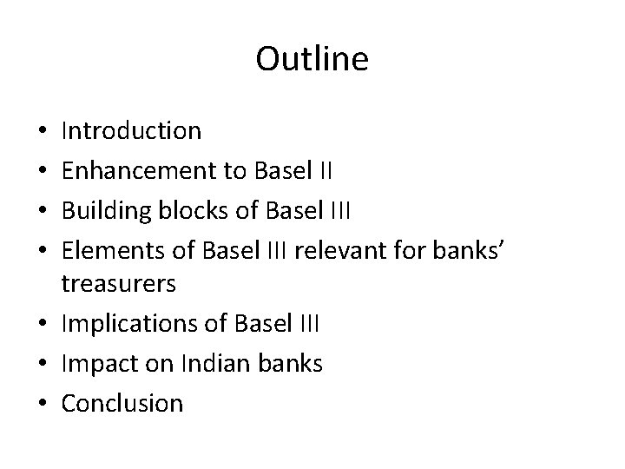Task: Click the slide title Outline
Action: [312, 60]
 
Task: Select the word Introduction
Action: [132, 131]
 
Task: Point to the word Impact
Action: [96, 363]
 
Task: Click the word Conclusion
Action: [122, 404]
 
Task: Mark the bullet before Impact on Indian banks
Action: [43, 365]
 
